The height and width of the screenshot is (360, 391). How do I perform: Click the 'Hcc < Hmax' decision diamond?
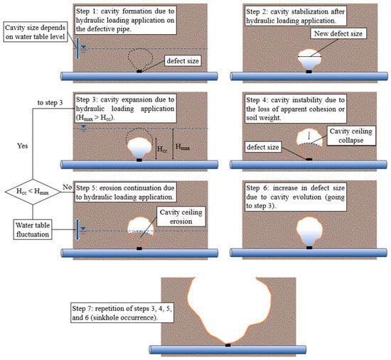[33, 192]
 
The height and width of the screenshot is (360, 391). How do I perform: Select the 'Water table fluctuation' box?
[33, 229]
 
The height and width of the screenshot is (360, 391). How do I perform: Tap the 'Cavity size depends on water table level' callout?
[36, 32]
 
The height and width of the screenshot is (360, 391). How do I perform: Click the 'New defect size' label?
[338, 33]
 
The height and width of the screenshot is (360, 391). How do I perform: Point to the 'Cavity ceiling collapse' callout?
[351, 136]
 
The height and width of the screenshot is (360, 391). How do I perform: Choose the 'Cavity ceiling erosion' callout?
[181, 217]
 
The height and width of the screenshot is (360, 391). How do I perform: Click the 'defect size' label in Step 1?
[183, 61]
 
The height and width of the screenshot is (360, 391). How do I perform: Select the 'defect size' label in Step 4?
[262, 147]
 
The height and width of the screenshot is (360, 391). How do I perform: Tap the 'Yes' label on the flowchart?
[22, 146]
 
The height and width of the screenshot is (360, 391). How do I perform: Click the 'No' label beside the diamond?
[67, 187]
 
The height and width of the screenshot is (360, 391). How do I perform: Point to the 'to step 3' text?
[50, 103]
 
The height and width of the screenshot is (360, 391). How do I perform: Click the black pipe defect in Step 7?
[228, 345]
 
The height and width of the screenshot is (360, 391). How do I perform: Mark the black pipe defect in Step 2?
[309, 72]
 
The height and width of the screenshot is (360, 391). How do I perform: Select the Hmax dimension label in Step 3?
[183, 147]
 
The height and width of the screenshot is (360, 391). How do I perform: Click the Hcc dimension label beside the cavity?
[162, 149]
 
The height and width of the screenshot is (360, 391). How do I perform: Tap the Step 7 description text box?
[122, 312]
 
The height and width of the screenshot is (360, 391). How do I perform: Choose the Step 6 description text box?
[296, 197]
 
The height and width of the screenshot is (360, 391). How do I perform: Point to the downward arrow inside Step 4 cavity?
[309, 136]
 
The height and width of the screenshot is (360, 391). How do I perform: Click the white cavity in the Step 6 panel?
[309, 231]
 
